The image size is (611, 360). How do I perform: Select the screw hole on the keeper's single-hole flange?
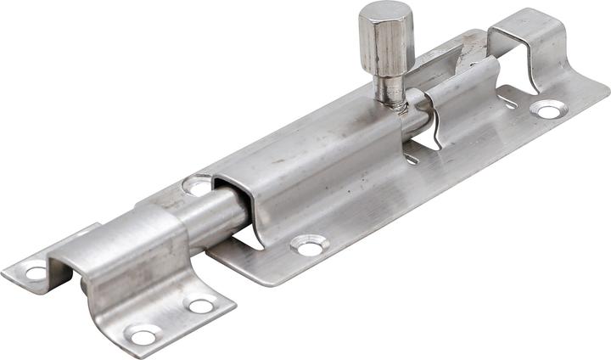click(36, 273)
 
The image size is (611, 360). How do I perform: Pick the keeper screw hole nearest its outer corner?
click(143, 335)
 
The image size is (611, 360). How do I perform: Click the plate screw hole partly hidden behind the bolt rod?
click(198, 184)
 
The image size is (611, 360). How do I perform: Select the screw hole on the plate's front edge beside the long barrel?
click(310, 246)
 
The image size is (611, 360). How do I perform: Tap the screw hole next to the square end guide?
click(547, 109)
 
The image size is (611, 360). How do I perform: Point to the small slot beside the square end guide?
click(507, 103)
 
